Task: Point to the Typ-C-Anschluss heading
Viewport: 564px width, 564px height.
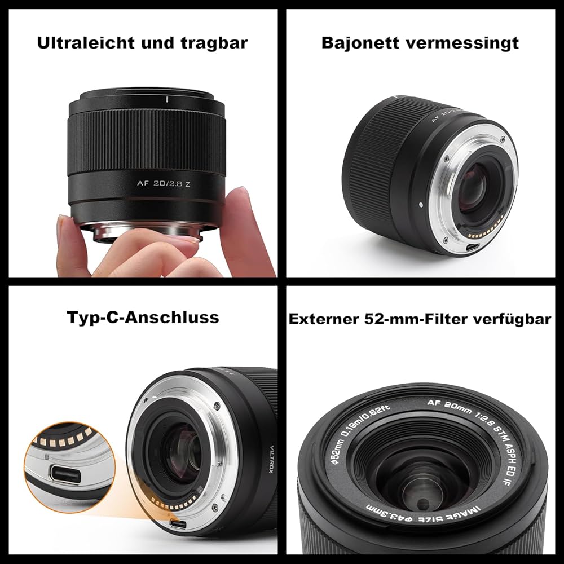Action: (x=143, y=317)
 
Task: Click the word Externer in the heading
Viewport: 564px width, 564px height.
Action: (x=321, y=319)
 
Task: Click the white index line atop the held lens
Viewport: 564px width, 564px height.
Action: (x=168, y=100)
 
